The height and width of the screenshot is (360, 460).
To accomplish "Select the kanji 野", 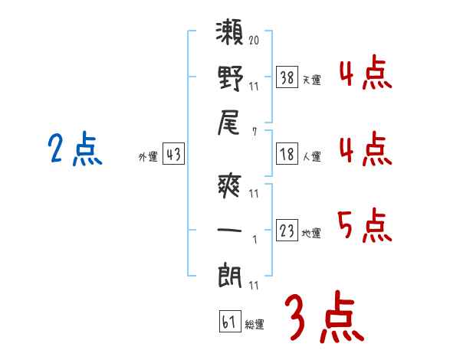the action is click(230, 78).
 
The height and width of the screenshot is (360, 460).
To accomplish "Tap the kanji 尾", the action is click(228, 123).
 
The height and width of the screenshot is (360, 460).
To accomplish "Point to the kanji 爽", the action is click(229, 186).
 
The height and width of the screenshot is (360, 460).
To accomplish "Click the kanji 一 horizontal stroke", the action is click(229, 230).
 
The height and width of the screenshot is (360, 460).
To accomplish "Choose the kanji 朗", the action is click(230, 275).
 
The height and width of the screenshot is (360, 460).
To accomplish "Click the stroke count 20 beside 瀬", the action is click(254, 40).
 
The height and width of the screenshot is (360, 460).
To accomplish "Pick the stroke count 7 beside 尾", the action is click(255, 132).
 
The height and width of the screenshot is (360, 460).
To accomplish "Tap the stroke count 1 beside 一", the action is click(255, 240).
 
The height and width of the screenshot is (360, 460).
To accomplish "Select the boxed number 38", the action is click(287, 77).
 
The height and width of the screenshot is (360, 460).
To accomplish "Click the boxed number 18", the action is click(287, 154).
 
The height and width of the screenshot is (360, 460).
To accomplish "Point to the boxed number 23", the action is click(287, 230).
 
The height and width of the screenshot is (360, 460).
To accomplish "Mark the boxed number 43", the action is click(173, 154).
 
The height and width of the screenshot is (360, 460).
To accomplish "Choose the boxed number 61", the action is click(230, 321).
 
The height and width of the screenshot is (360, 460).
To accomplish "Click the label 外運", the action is click(148, 157).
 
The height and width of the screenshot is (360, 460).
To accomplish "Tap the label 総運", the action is click(255, 325).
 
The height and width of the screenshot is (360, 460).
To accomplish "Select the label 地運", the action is click(311, 234).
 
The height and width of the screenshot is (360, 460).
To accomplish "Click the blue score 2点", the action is click(75, 149).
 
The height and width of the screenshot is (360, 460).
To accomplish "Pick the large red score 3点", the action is click(324, 316).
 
